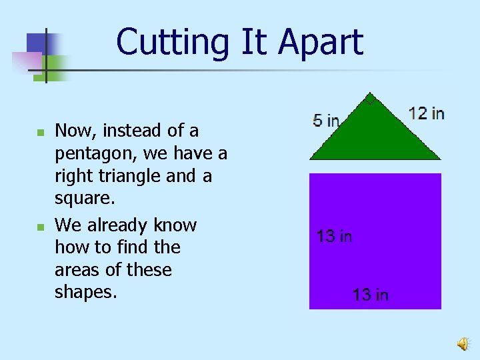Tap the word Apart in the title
321,42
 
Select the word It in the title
253,42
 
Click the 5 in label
326,121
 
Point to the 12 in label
427,113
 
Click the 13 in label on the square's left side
334,236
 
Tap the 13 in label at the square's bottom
371,295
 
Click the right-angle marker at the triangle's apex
370,101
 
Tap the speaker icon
462,343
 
